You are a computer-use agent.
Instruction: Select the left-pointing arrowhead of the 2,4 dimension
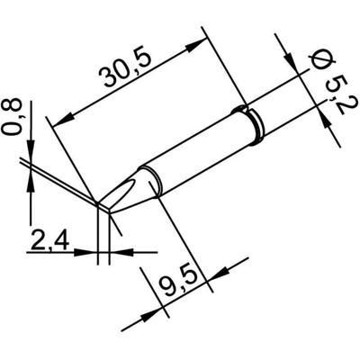tap(115, 251)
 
